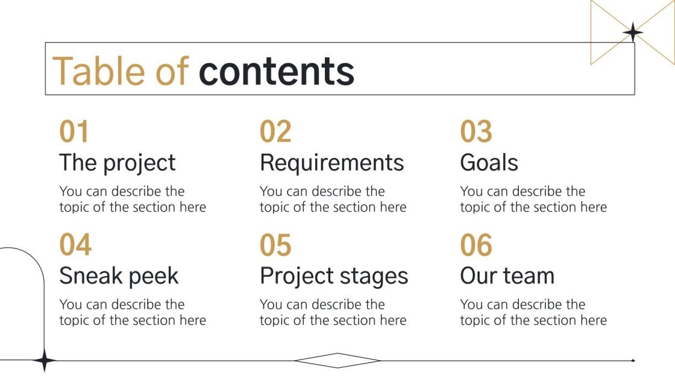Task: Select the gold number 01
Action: (x=74, y=132)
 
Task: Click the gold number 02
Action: (x=275, y=132)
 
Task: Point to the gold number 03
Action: (x=476, y=132)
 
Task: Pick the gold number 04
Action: (x=75, y=245)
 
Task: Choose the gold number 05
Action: (x=275, y=245)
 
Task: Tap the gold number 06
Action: (x=476, y=245)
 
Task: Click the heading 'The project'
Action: (x=118, y=163)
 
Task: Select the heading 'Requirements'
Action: (x=332, y=163)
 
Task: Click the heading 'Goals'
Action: (x=489, y=163)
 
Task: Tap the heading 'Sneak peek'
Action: (x=119, y=276)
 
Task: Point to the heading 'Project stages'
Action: (x=334, y=276)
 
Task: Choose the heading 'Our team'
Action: (x=507, y=276)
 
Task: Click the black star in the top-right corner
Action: (x=633, y=32)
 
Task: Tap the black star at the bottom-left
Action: (x=44, y=360)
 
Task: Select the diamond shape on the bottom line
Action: (x=337, y=360)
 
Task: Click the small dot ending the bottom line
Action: (x=633, y=360)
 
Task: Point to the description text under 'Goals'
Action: (x=533, y=199)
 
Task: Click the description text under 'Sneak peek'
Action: (x=133, y=312)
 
